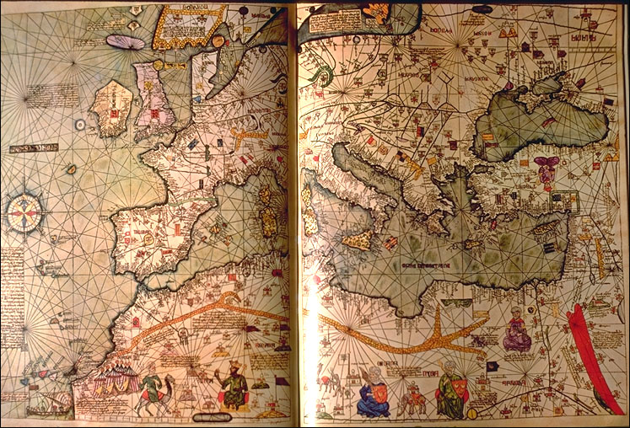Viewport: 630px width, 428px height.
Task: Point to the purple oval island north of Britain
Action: [x=125, y=40]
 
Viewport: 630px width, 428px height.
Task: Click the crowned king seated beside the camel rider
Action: [x=231, y=386]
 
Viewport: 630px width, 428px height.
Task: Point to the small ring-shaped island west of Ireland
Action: [x=79, y=124]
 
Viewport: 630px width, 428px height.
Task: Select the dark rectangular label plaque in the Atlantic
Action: [x=35, y=148]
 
